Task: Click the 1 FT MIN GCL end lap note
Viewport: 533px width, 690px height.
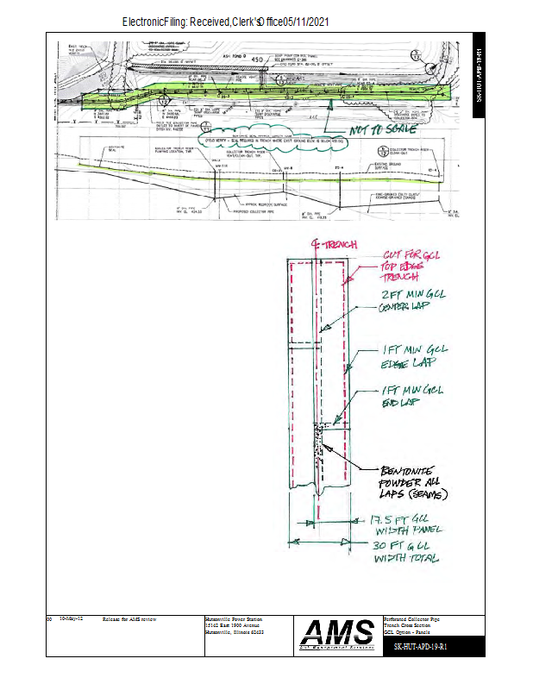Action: [411, 396]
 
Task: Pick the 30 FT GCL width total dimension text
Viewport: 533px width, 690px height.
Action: [405, 552]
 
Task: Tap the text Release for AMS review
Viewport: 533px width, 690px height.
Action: [129, 619]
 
